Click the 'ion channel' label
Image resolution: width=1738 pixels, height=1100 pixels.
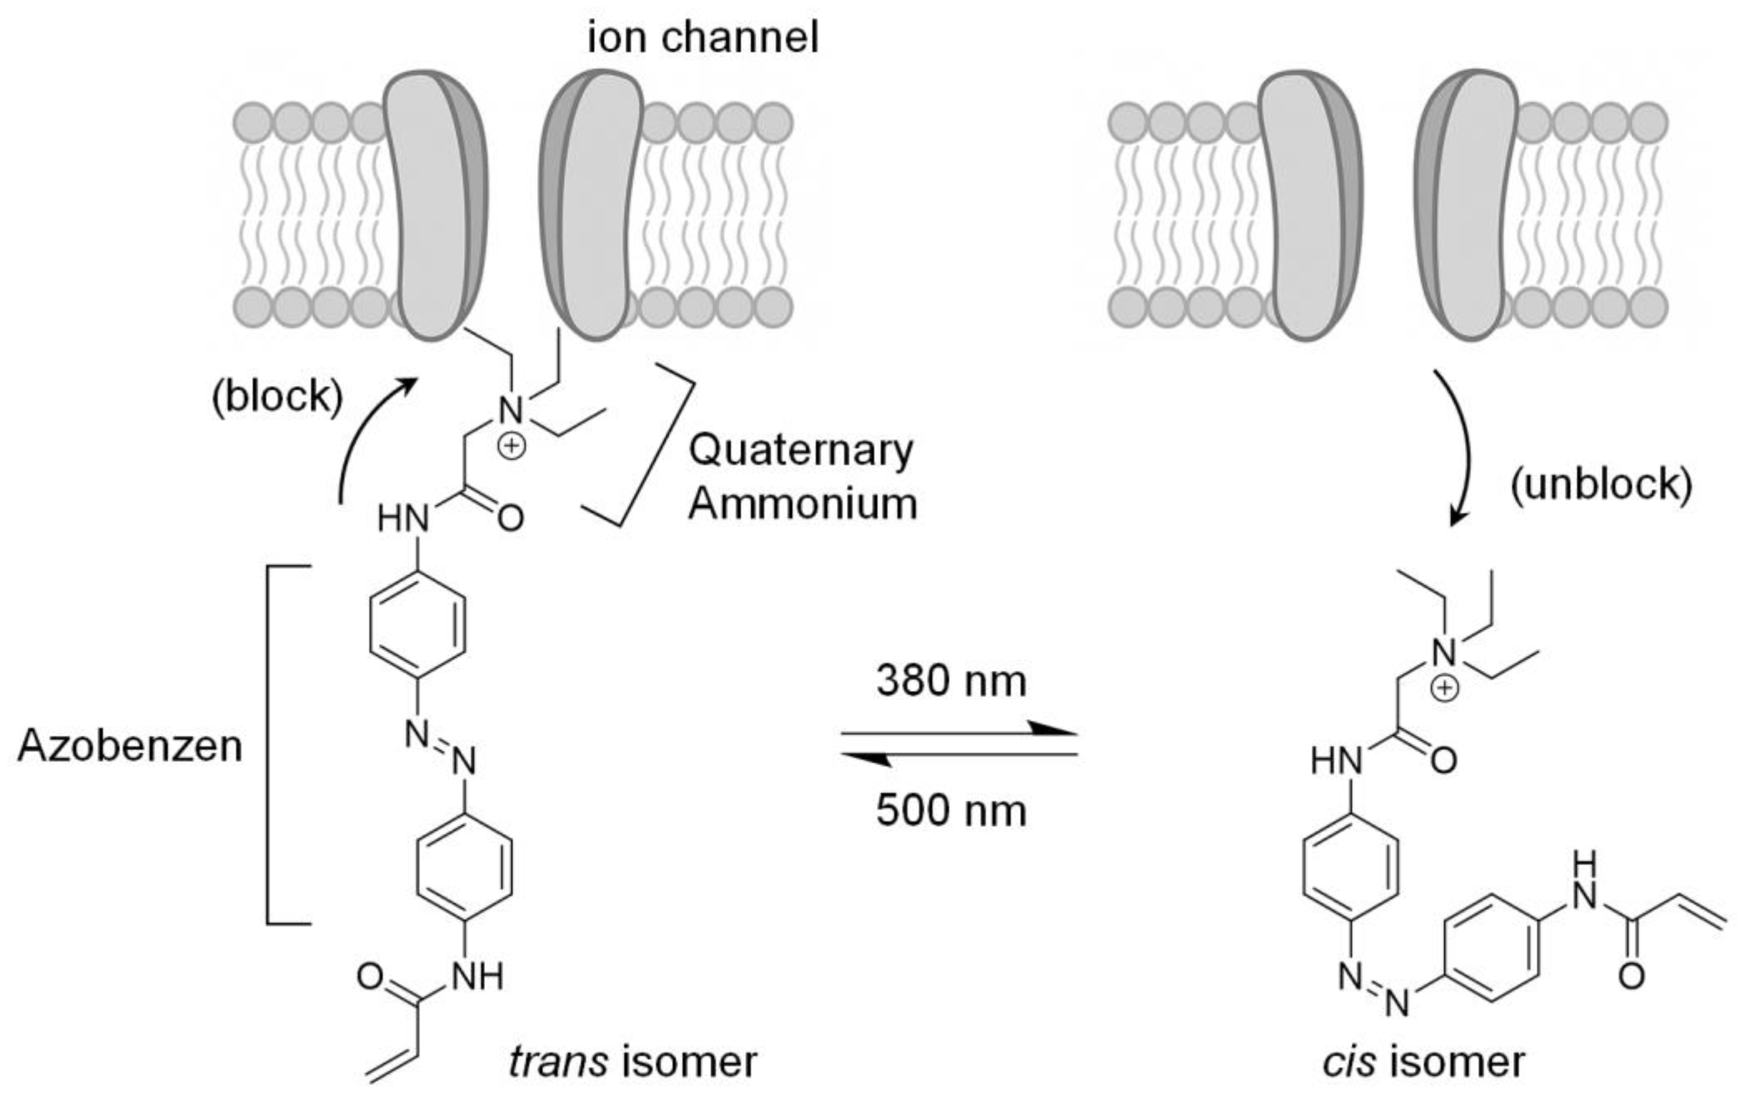(x=703, y=38)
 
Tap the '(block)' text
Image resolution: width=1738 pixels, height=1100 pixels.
(x=277, y=396)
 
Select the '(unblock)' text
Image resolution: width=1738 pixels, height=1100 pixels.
(x=1601, y=484)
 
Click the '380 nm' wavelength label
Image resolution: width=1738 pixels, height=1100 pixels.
(x=951, y=680)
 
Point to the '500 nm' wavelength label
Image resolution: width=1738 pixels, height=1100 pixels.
(x=951, y=810)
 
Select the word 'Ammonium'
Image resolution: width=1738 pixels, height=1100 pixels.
(x=802, y=503)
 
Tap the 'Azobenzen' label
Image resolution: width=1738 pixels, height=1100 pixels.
(x=130, y=745)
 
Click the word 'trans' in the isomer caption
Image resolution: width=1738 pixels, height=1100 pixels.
(x=558, y=1061)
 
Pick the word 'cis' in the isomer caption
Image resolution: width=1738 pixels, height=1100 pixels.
(x=1348, y=1061)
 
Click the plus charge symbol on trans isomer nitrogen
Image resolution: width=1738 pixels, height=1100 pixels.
(x=511, y=446)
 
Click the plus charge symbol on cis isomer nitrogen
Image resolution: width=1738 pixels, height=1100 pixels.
(x=1444, y=688)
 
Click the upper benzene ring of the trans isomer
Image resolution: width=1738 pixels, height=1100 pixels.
(x=417, y=625)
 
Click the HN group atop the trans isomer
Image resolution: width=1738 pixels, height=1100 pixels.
(x=403, y=518)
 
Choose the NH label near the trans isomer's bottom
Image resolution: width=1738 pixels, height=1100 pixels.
(x=478, y=977)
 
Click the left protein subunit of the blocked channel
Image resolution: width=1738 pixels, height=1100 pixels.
(x=433, y=206)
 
